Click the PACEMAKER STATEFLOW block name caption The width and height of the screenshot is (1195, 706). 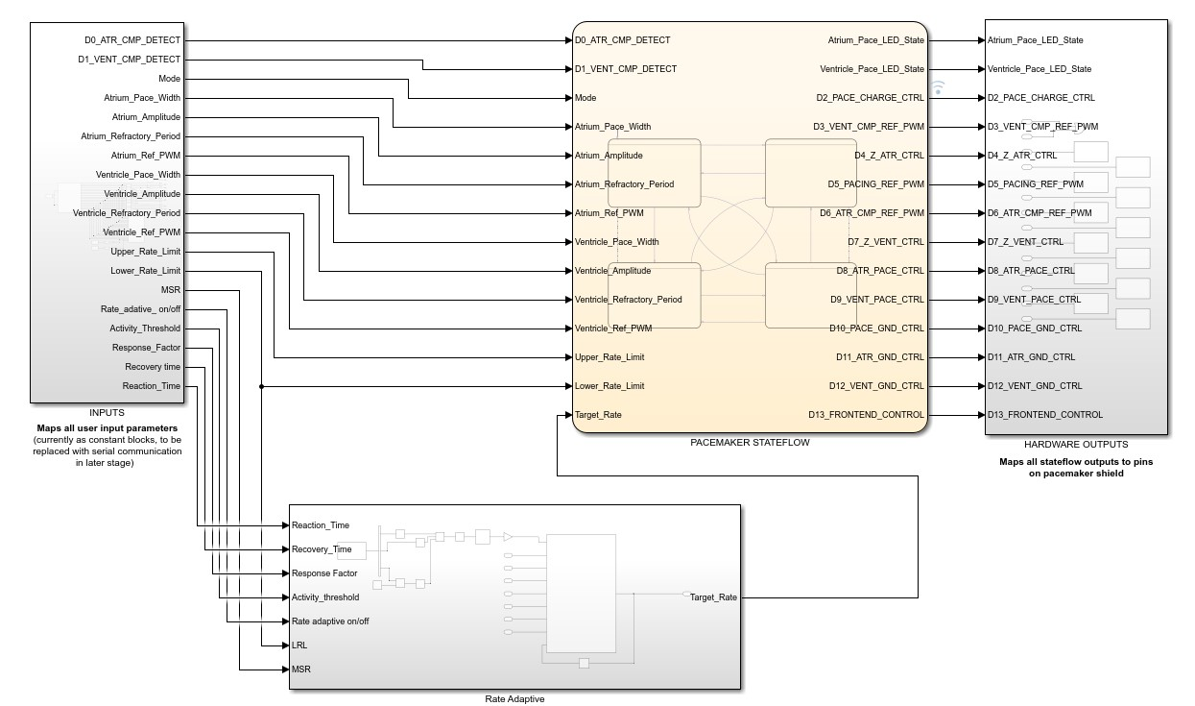point(750,443)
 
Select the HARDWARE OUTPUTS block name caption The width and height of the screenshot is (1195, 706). point(1076,445)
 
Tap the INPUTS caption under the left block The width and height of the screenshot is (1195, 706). point(107,413)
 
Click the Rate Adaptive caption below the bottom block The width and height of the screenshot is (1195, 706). point(514,698)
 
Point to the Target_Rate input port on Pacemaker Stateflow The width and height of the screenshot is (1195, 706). point(597,415)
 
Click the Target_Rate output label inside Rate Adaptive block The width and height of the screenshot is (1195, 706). point(713,597)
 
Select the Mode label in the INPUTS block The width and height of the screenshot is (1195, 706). point(169,79)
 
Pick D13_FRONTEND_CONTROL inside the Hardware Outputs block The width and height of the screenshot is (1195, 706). point(1045,415)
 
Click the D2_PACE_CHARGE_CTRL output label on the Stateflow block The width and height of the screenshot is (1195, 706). point(870,98)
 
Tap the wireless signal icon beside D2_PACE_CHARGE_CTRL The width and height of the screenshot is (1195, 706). point(938,87)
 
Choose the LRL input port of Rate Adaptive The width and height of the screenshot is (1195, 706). point(299,645)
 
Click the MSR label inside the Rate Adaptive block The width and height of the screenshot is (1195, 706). point(300,669)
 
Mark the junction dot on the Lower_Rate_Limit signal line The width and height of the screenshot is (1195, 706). point(262,386)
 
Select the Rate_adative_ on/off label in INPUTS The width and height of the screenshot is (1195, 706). point(140,309)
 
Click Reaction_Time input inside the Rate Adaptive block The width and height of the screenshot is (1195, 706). point(321,525)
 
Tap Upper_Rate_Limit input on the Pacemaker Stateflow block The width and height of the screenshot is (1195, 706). point(609,357)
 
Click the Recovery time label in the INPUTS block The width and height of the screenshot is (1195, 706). point(152,367)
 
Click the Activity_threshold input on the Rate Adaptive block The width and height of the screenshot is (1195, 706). point(325,597)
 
